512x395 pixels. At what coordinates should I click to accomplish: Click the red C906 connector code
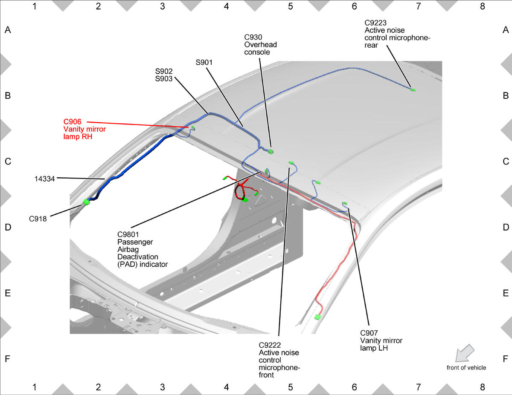pyautogui.click(x=73, y=121)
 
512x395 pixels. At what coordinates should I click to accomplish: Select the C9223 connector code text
pyautogui.click(x=375, y=23)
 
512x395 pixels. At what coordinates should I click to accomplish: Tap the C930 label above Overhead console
pyautogui.click(x=253, y=37)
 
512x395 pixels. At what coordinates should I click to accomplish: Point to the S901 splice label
pyautogui.click(x=204, y=62)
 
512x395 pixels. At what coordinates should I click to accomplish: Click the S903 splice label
pyautogui.click(x=164, y=78)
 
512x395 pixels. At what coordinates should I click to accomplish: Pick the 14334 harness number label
pyautogui.click(x=44, y=179)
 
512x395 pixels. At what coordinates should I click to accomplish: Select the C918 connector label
pyautogui.click(x=38, y=219)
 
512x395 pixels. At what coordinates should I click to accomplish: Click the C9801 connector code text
pyautogui.click(x=128, y=234)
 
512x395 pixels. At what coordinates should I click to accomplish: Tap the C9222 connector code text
pyautogui.click(x=270, y=345)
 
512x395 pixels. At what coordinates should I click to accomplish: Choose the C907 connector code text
pyautogui.click(x=369, y=333)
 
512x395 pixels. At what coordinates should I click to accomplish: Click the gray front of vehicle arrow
pyautogui.click(x=464, y=353)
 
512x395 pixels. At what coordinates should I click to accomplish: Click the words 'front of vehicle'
pyautogui.click(x=466, y=368)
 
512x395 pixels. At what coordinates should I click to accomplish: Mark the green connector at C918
pyautogui.click(x=87, y=202)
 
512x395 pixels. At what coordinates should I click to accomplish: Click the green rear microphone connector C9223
pyautogui.click(x=413, y=90)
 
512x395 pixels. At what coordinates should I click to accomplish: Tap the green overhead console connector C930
pyautogui.click(x=271, y=152)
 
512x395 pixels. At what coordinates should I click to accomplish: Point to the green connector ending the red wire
pyautogui.click(x=317, y=317)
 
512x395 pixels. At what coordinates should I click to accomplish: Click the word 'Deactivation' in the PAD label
pyautogui.click(x=138, y=257)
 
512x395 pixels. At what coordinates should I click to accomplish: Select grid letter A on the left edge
pyautogui.click(x=8, y=30)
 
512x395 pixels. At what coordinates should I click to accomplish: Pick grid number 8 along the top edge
pyautogui.click(x=482, y=6)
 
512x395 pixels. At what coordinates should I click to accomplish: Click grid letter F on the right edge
pyautogui.click(x=505, y=359)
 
